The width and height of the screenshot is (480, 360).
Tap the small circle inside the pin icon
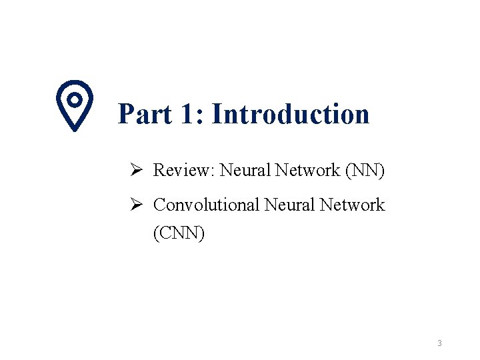coord(75,99)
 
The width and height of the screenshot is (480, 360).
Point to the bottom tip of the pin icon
coord(75,129)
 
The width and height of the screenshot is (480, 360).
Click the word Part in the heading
coord(143,114)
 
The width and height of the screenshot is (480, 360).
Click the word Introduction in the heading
coord(291,114)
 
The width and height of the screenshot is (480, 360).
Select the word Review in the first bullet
coord(181,171)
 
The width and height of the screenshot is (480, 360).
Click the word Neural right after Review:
coord(243,171)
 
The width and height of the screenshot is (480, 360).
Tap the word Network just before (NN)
coord(307,171)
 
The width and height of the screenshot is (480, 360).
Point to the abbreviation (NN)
coord(365,171)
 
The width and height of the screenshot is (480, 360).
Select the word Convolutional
coord(206,205)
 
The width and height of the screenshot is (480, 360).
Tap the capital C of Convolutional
coord(159,205)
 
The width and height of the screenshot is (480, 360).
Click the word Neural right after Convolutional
coord(289,205)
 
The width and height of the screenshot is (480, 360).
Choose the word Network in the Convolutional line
coord(352,205)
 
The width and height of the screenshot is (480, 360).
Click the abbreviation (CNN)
coord(179,234)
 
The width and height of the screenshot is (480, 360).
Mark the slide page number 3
coord(440,343)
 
